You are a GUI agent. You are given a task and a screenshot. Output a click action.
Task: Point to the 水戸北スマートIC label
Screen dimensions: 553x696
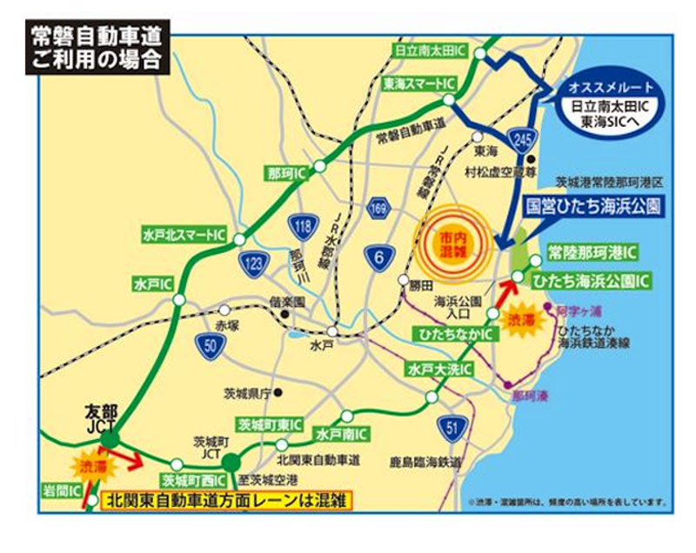(x=186, y=235)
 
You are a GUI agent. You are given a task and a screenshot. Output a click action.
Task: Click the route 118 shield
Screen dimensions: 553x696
(x=301, y=228)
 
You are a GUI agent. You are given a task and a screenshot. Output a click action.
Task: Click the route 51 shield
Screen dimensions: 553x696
(x=453, y=428)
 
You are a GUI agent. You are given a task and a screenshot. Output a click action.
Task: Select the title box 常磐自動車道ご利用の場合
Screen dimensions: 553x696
(x=97, y=48)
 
